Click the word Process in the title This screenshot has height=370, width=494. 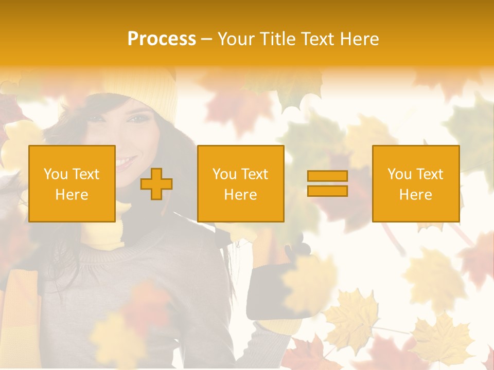162,39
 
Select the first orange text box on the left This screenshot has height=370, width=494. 72,183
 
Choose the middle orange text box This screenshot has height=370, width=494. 240,183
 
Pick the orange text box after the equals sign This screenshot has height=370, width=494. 415,183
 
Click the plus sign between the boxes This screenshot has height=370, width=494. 156,183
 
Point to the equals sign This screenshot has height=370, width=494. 327,183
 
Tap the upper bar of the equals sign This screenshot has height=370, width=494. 327,176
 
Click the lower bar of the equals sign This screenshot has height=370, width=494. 327,191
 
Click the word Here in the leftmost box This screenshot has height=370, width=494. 72,195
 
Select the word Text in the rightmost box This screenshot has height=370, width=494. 429,174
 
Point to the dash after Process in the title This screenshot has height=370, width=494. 206,40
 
